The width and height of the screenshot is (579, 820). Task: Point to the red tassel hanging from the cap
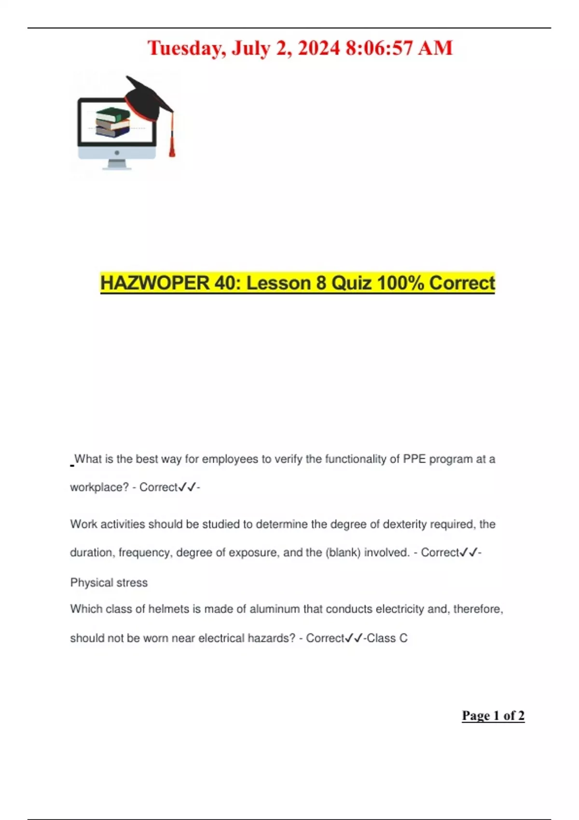171,142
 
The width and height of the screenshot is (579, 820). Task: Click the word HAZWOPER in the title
154,283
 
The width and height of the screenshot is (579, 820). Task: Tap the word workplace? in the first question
99,487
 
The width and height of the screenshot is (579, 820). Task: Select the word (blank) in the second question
343,552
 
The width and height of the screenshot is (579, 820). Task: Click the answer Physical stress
109,583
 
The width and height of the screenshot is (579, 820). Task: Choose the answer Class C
387,638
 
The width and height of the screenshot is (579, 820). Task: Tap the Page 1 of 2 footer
493,716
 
